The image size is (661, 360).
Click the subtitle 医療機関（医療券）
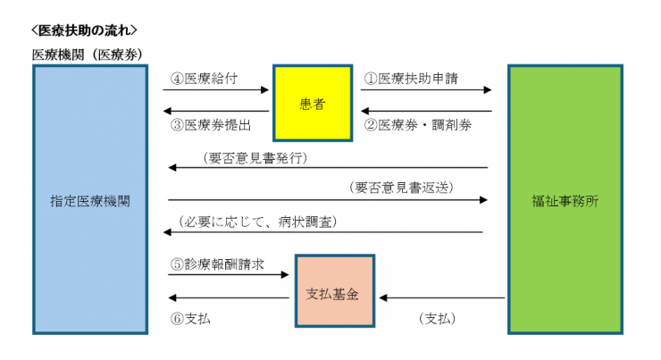[87, 54]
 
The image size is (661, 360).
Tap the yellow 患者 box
[312, 104]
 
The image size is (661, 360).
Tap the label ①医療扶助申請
[410, 78]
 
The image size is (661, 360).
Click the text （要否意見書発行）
[255, 157]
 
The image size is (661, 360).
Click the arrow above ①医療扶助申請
[427, 89]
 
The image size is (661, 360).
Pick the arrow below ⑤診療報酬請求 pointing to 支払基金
[229, 276]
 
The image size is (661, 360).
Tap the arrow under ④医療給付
[216, 89]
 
